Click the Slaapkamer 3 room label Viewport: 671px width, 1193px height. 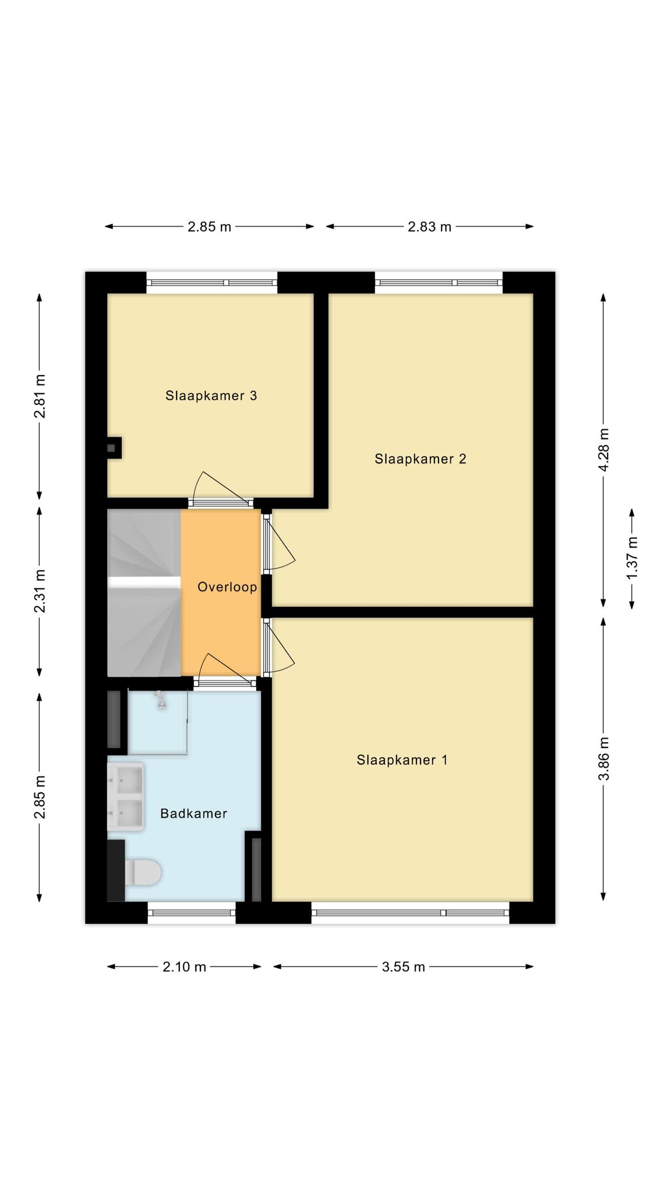click(211, 396)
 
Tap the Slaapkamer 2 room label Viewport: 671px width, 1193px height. click(421, 459)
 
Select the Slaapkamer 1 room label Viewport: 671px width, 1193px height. click(402, 760)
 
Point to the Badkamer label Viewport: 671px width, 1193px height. click(193, 813)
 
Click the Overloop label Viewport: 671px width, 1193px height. click(227, 587)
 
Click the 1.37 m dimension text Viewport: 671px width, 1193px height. click(632, 557)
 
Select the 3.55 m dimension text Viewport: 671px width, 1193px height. click(404, 967)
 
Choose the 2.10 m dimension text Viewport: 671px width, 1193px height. click(185, 967)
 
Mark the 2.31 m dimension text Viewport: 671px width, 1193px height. click(40, 591)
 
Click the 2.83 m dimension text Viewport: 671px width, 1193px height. click(430, 227)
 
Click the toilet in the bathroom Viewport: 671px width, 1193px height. click(143, 872)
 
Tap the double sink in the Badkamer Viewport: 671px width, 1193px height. click(125, 796)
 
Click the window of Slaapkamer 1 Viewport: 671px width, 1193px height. click(410, 913)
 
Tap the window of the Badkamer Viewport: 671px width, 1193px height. click(192, 913)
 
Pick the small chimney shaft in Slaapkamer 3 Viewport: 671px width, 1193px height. click(113, 448)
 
